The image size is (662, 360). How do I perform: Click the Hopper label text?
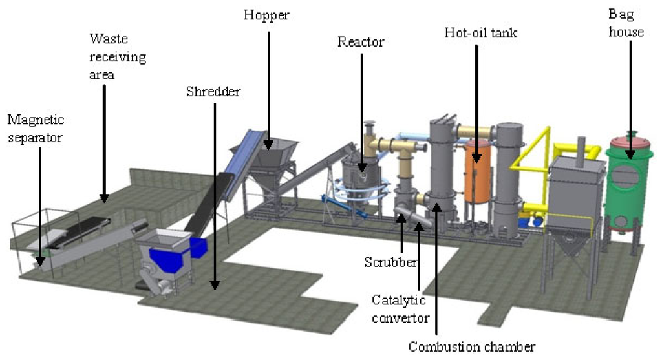click(x=266, y=14)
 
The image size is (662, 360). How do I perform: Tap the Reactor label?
click(x=361, y=43)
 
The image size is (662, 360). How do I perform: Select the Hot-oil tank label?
click(x=481, y=32)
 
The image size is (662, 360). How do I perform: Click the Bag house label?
click(x=626, y=23)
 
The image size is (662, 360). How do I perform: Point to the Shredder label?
click(x=213, y=92)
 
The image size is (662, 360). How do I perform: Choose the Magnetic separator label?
click(x=36, y=128)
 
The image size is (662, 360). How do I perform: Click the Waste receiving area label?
click(x=117, y=57)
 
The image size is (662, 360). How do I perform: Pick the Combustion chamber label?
click(x=471, y=347)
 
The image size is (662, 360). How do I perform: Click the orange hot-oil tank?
click(x=478, y=171)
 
